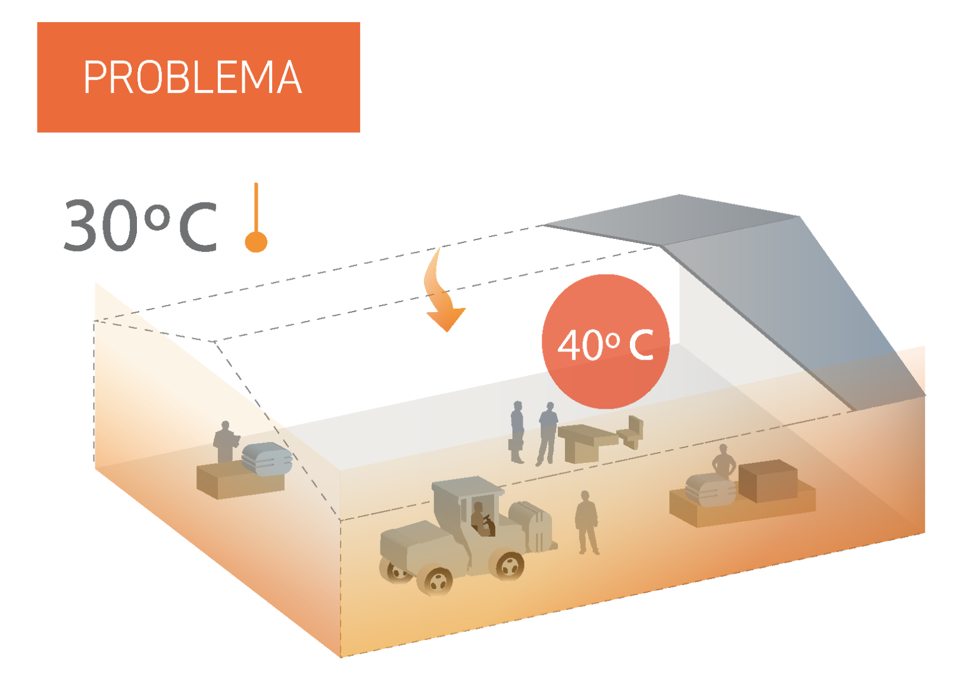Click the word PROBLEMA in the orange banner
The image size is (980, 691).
pos(192,77)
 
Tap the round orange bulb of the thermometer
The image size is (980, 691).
pos(256,242)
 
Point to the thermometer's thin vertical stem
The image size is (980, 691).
pos(256,206)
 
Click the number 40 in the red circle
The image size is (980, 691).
pos(580,345)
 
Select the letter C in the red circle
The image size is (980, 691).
pos(641,345)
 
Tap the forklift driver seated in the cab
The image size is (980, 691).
pos(480,518)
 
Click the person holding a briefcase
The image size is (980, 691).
pos(517,432)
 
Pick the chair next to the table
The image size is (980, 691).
pos(633,431)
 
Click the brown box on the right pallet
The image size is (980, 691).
pos(768,480)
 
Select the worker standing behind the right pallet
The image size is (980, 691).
pos(724,461)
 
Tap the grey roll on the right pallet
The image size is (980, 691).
pos(711,490)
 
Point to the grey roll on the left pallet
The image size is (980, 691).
pos(267,459)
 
